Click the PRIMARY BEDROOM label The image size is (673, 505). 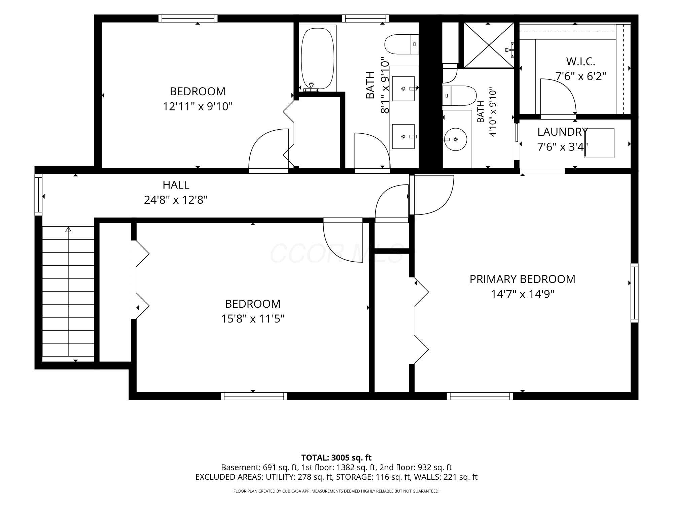[x=522, y=279]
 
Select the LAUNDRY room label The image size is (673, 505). [x=562, y=132]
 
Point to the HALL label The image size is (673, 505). [x=176, y=185]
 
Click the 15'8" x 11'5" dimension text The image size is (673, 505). [x=253, y=318]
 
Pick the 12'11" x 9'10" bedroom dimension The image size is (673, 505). [x=198, y=106]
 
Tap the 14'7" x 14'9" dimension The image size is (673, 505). [x=522, y=294]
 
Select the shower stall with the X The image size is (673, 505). [x=489, y=45]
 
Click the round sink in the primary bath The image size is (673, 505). [x=456, y=139]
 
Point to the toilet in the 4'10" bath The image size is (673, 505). [x=459, y=95]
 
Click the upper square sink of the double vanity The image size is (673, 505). [x=403, y=89]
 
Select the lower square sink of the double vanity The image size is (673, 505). [x=403, y=136]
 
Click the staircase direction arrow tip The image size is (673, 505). [x=68, y=228]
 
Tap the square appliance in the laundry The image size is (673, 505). [x=600, y=143]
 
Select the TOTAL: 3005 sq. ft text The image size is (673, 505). [x=336, y=458]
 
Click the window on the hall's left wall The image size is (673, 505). [x=38, y=195]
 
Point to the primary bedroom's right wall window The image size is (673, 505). [x=634, y=293]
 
